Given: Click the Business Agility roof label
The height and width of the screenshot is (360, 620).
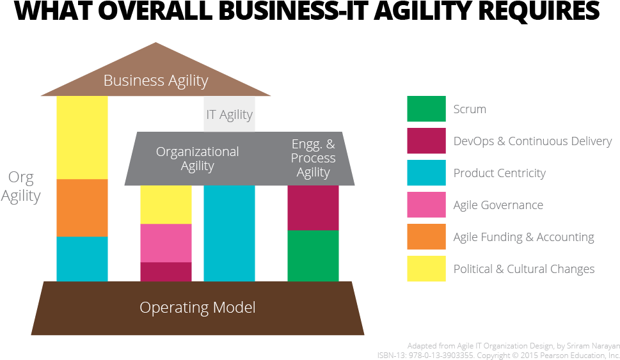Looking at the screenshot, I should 155,81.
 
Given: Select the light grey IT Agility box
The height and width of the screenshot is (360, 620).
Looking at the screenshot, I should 229,114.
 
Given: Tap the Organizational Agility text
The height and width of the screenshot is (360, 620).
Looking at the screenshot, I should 197,159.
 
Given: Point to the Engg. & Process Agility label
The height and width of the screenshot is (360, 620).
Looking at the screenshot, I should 313,158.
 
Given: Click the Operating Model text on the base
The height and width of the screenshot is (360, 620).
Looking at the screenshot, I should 197,308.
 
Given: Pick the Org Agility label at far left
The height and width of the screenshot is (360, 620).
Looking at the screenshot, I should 20,186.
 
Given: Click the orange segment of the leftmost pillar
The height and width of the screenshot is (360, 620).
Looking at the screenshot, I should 82,208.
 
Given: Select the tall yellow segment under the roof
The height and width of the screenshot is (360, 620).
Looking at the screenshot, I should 82,137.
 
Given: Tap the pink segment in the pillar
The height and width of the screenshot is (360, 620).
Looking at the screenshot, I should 166,243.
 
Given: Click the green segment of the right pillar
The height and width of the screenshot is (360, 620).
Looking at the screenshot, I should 313,256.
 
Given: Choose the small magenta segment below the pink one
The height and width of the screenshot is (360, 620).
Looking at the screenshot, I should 166,272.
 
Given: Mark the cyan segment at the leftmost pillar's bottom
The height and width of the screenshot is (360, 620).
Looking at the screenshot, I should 82,259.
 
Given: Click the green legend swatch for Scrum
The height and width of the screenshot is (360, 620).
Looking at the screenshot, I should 426,109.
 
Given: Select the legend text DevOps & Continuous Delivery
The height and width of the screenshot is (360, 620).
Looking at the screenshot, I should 532,141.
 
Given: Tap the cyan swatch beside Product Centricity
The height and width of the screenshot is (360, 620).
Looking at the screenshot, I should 426,173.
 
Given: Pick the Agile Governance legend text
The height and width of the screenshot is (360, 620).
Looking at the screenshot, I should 498,205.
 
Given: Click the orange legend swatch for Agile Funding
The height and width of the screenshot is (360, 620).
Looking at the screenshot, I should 426,237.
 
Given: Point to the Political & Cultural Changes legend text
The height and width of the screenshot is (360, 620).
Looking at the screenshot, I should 523,269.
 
